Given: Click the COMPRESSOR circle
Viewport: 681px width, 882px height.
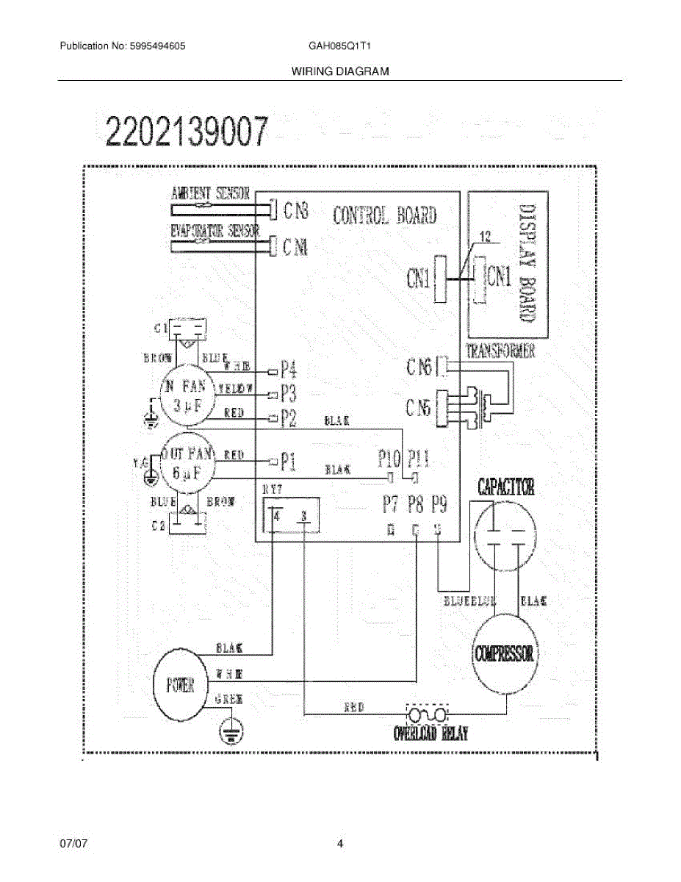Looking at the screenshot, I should (x=505, y=653).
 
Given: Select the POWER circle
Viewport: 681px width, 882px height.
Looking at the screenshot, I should (x=181, y=685).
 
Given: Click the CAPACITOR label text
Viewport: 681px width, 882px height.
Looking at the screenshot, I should (x=506, y=487).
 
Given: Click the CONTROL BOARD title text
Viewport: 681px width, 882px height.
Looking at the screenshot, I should (x=384, y=215).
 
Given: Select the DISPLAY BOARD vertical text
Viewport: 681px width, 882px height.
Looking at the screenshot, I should (x=526, y=262).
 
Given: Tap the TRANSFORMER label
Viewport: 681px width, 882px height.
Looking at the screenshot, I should (x=501, y=351).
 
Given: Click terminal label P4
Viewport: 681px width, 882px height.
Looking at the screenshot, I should (x=289, y=369).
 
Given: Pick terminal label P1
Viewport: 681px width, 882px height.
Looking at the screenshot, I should (x=288, y=462).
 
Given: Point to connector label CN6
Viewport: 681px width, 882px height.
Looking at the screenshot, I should (x=419, y=366).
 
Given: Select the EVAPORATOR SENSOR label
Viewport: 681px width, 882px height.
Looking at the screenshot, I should (x=215, y=231).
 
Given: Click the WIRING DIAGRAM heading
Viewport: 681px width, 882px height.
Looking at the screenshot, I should (x=340, y=71).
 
